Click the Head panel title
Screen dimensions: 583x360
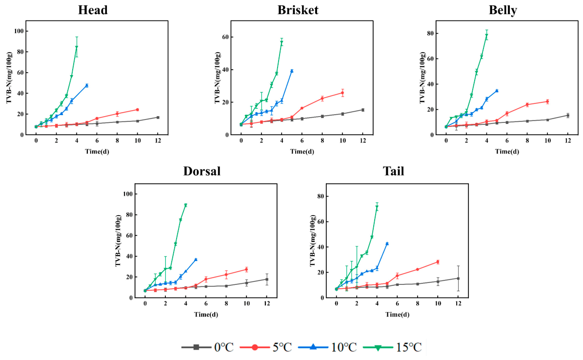[x=93, y=10]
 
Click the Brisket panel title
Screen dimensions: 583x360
[x=298, y=10]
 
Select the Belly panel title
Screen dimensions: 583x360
[x=503, y=10]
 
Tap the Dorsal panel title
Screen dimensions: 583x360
[x=202, y=171]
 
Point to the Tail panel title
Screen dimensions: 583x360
[x=393, y=171]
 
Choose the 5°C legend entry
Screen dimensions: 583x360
[x=266, y=347]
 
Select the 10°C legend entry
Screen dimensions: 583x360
[x=327, y=347]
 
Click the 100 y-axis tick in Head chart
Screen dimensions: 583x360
[x=18, y=31]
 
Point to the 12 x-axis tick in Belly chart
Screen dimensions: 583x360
[x=568, y=141]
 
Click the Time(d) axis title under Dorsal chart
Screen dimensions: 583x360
[x=206, y=315]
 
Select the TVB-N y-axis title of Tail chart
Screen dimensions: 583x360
[x=313, y=240]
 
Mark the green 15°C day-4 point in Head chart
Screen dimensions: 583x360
[x=77, y=47]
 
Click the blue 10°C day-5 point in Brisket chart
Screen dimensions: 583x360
[x=292, y=71]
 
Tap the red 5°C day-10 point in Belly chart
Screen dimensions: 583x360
[x=547, y=101]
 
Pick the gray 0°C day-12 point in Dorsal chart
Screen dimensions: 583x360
[x=266, y=280]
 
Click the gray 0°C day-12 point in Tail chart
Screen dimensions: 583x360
[x=458, y=278]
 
